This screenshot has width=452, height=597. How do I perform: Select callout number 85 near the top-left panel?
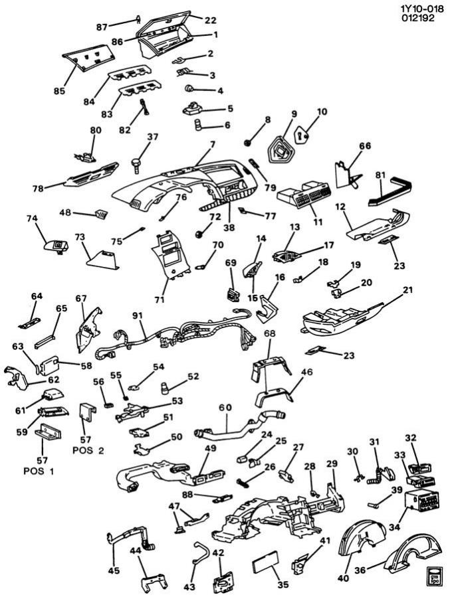tap(60, 90)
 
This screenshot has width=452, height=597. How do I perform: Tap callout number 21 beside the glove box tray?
tap(407, 291)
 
